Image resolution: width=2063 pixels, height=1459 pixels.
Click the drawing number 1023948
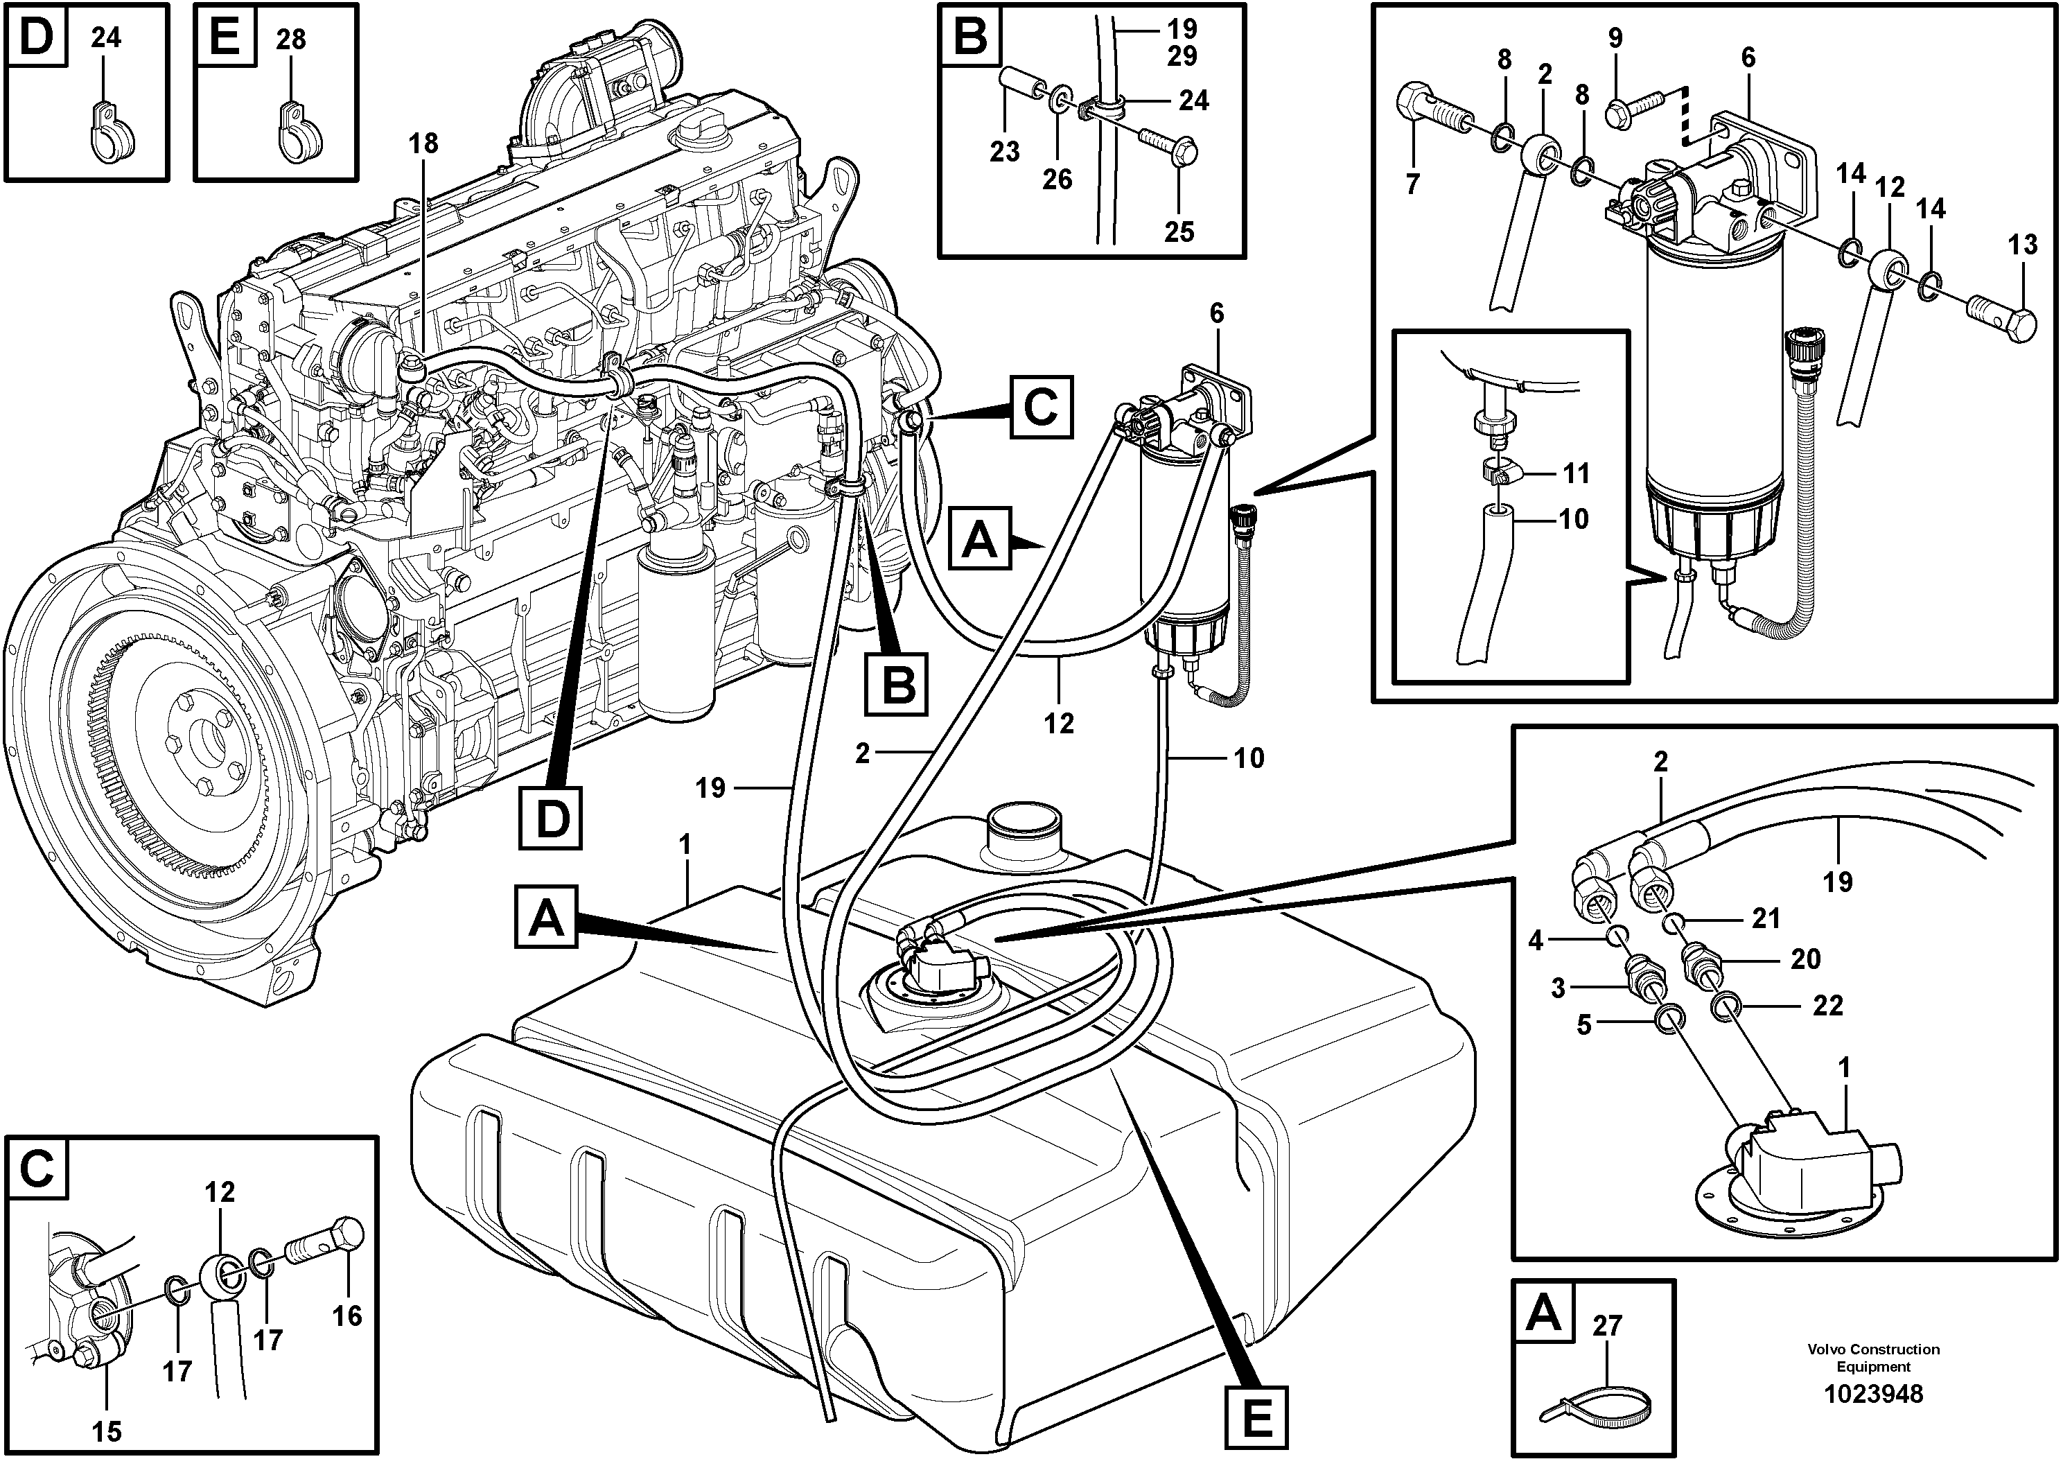tap(1872, 1395)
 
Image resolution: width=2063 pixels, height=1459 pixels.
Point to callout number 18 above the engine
tap(423, 142)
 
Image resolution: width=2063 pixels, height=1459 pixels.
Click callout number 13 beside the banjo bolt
tap(2023, 245)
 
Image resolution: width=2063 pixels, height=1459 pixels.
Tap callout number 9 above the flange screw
tap(1615, 37)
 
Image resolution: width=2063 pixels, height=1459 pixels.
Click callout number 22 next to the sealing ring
tap(1827, 1004)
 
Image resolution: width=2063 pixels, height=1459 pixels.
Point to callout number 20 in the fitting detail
tap(1805, 959)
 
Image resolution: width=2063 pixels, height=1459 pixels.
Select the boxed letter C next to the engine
tap(1040, 408)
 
